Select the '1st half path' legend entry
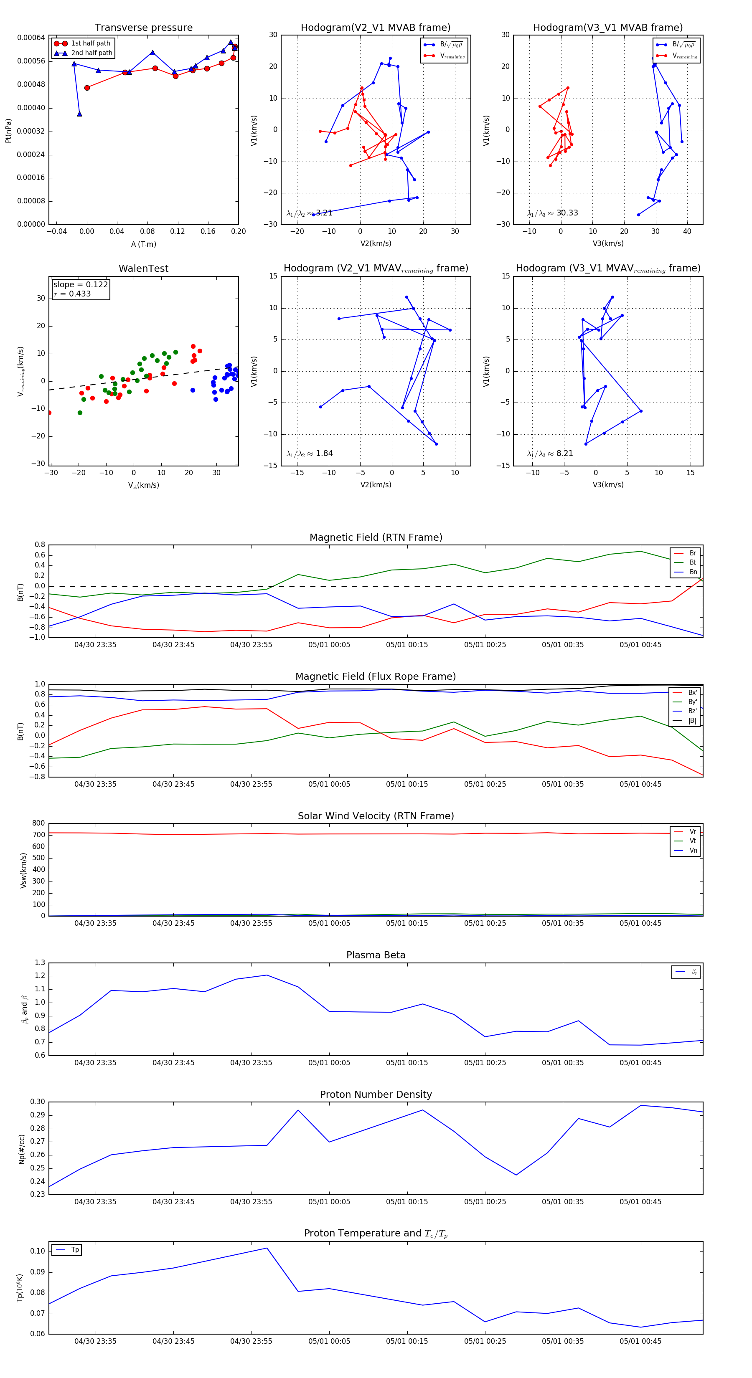pyautogui.click(x=91, y=43)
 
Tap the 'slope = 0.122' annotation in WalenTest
pyautogui.click(x=80, y=285)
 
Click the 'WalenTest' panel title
pyautogui.click(x=143, y=269)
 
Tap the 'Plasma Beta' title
pyautogui.click(x=376, y=955)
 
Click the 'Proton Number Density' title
pyautogui.click(x=376, y=1094)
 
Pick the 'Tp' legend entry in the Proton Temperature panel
pyautogui.click(x=75, y=1250)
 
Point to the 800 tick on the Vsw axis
pyautogui.click(x=38, y=823)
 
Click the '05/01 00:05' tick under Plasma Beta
pyautogui.click(x=329, y=1063)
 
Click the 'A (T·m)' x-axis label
pyautogui.click(x=143, y=244)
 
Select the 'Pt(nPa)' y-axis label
pyautogui.click(x=8, y=131)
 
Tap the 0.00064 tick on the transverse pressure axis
pyautogui.click(x=31, y=38)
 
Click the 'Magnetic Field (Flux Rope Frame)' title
pyautogui.click(x=376, y=677)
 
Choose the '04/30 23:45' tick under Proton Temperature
pyautogui.click(x=173, y=1341)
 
